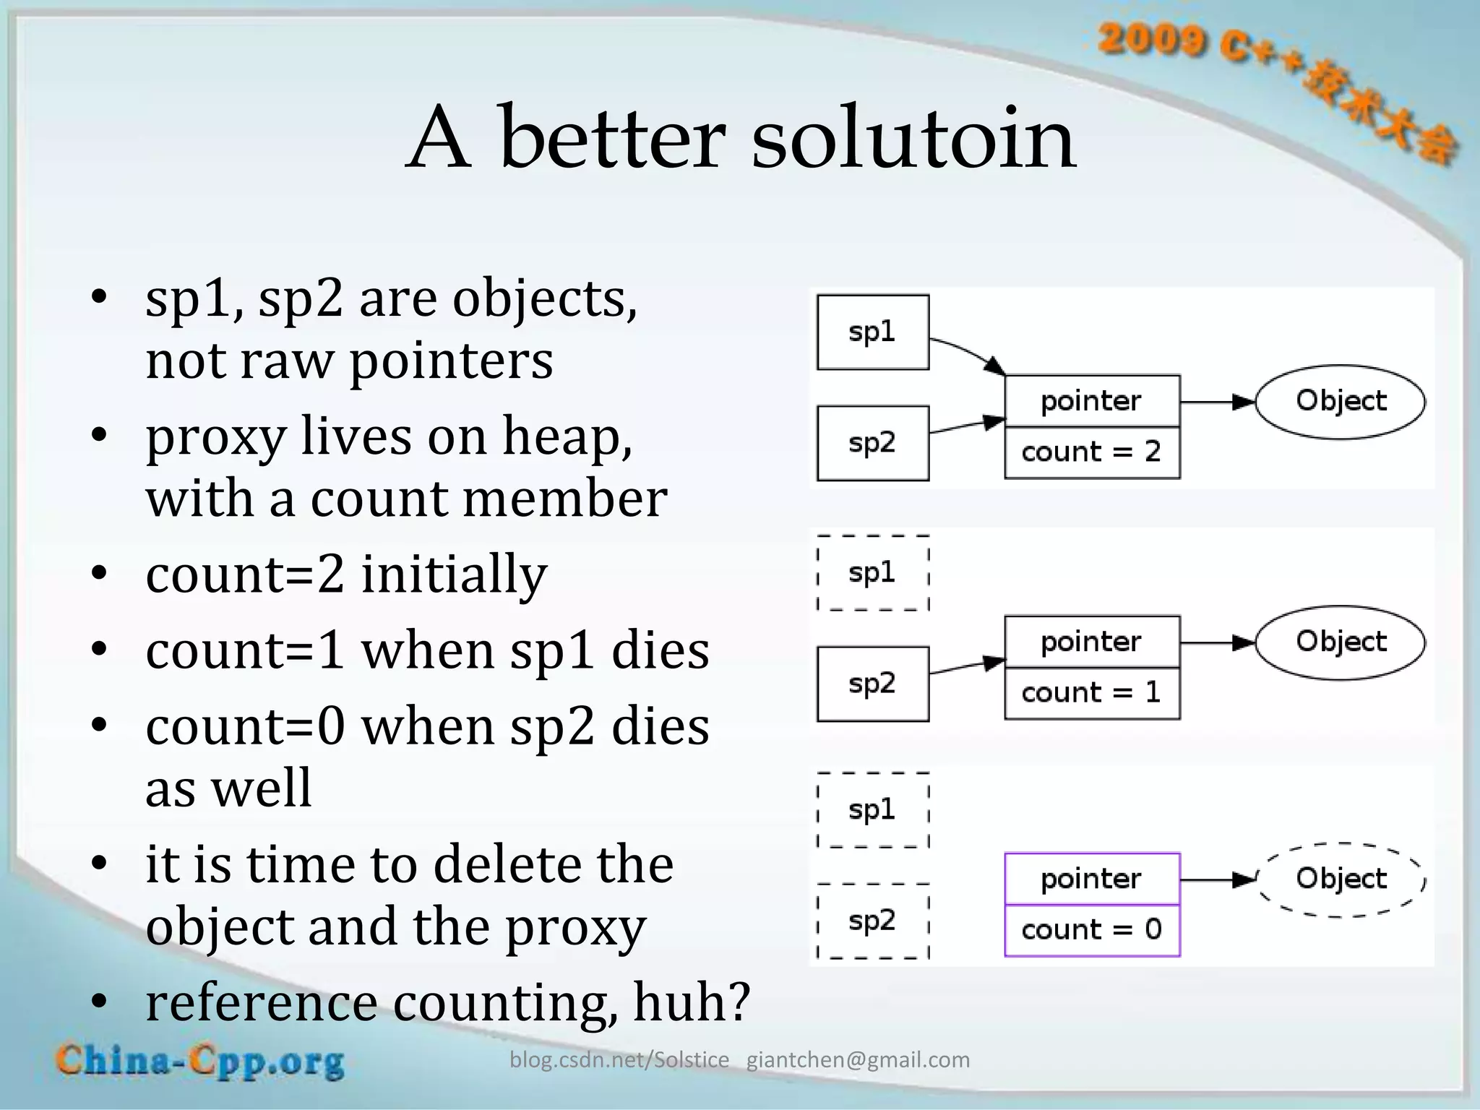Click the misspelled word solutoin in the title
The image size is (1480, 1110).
pyautogui.click(x=913, y=137)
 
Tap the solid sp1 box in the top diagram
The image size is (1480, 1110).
pyautogui.click(x=873, y=332)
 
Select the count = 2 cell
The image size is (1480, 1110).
pyautogui.click(x=1092, y=452)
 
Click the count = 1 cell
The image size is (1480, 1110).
pyautogui.click(x=1092, y=693)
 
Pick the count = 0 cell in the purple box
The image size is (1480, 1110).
pyautogui.click(x=1092, y=930)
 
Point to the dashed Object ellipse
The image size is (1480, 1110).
pyautogui.click(x=1341, y=879)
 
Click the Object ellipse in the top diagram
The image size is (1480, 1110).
pyautogui.click(x=1341, y=401)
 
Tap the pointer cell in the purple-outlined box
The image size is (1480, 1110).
pyautogui.click(x=1092, y=879)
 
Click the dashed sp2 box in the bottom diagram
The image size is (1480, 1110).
pyautogui.click(x=873, y=921)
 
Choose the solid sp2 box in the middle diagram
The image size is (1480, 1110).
pyautogui.click(x=873, y=684)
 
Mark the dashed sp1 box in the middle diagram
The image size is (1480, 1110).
pyautogui.click(x=873, y=573)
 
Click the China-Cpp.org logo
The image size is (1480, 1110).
pyautogui.click(x=200, y=1061)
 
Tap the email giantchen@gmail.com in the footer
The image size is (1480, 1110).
pyautogui.click(x=858, y=1060)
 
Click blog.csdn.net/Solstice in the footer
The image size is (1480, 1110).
pyautogui.click(x=619, y=1060)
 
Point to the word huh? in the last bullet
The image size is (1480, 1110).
pyautogui.click(x=692, y=1002)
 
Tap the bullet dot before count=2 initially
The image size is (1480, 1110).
pyautogui.click(x=100, y=573)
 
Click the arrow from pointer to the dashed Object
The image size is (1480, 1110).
pyautogui.click(x=1218, y=879)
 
